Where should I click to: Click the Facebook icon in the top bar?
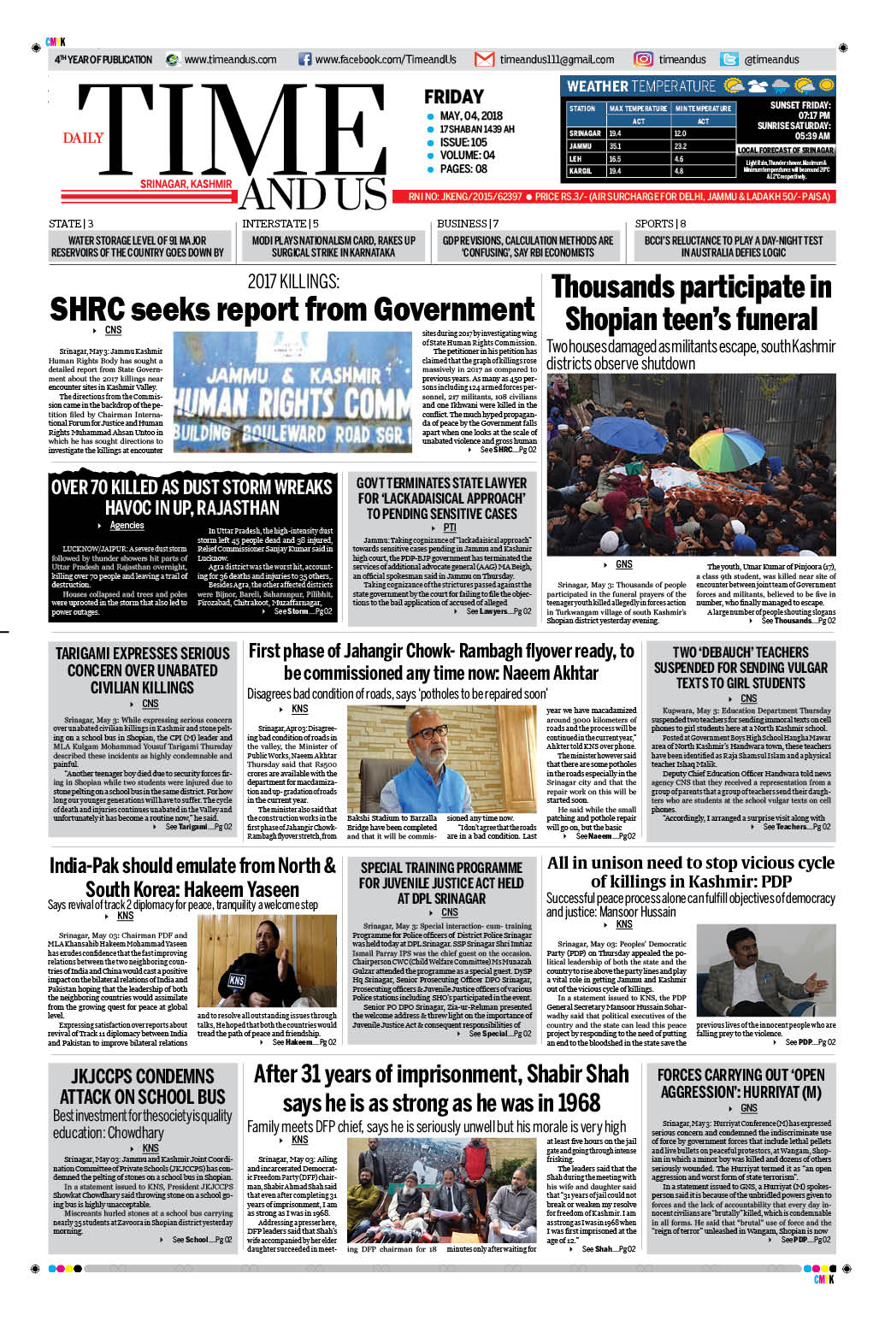click(x=304, y=59)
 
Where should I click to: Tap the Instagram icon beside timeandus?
click(x=643, y=59)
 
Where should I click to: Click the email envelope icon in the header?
click(x=485, y=59)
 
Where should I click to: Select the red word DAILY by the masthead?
click(x=83, y=138)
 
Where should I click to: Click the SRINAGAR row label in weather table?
click(x=585, y=133)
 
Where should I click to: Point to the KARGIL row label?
click(x=581, y=171)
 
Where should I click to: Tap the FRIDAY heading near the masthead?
click(x=454, y=97)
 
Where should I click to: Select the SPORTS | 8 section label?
click(x=660, y=224)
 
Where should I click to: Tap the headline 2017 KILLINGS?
click(x=293, y=281)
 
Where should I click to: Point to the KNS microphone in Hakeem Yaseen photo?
click(x=237, y=980)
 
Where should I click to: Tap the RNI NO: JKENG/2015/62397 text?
click(x=465, y=197)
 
